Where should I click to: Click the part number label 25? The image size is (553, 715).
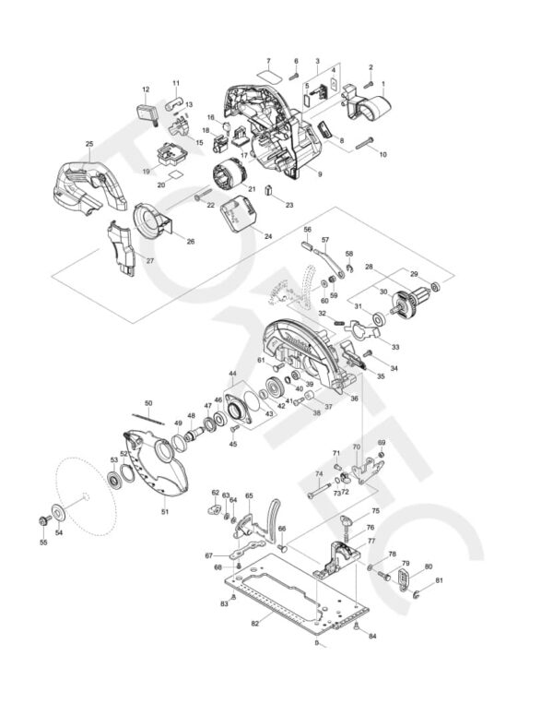pyautogui.click(x=88, y=143)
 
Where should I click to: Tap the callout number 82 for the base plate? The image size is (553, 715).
pyautogui.click(x=253, y=625)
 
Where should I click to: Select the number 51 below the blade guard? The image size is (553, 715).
pyautogui.click(x=165, y=511)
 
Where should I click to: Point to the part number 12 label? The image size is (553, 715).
pyautogui.click(x=146, y=89)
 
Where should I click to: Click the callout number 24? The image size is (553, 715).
pyautogui.click(x=268, y=236)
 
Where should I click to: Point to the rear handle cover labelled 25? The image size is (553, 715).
pyautogui.click(x=88, y=185)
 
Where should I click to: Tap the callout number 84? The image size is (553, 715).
pyautogui.click(x=372, y=637)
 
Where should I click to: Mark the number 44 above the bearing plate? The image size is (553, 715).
pyautogui.click(x=232, y=375)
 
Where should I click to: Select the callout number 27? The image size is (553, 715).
pyautogui.click(x=149, y=260)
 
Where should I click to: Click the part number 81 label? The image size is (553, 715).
pyautogui.click(x=440, y=580)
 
